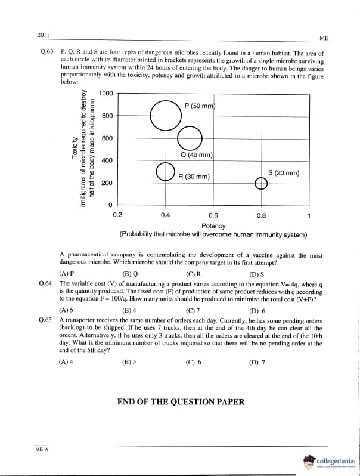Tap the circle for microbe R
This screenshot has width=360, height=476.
click(x=165, y=172)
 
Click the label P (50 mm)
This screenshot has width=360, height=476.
click(x=199, y=106)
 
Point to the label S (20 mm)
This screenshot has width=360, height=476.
click(x=284, y=173)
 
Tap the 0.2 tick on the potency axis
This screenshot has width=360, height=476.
click(x=117, y=215)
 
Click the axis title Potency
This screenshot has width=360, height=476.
click(x=213, y=225)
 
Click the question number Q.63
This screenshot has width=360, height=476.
click(x=46, y=53)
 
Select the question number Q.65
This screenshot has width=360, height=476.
click(x=46, y=320)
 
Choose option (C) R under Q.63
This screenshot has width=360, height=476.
click(x=193, y=273)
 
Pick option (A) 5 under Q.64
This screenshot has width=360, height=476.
click(x=66, y=311)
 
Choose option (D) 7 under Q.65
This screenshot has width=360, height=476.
click(x=258, y=361)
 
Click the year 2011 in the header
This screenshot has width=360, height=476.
click(x=44, y=36)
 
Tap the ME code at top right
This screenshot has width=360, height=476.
click(x=324, y=38)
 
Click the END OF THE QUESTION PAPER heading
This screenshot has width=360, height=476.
click(x=181, y=402)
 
